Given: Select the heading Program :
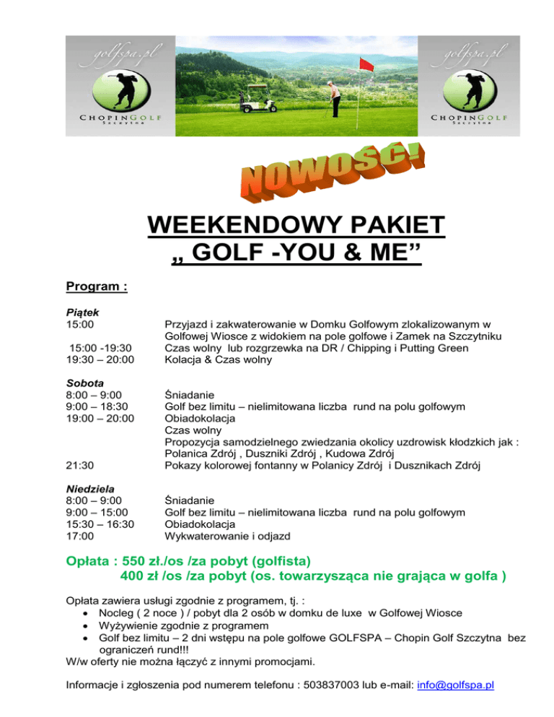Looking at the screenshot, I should [97, 287].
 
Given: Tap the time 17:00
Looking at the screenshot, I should [79, 536].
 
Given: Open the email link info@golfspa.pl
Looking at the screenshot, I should [455, 685].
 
